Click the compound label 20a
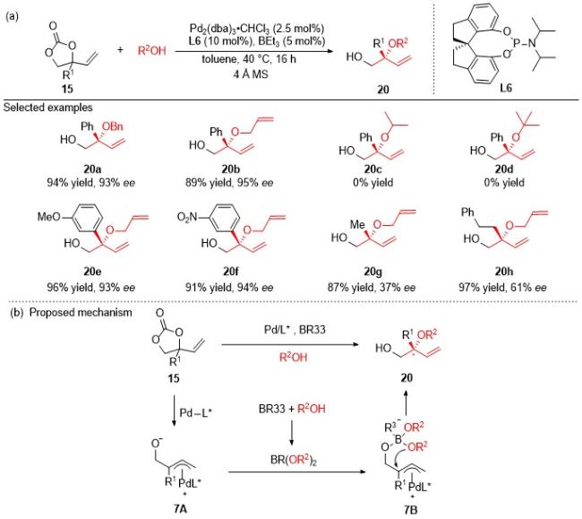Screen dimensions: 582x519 click(x=92, y=169)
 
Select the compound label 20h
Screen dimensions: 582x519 click(x=503, y=272)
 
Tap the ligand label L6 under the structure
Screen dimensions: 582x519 click(x=506, y=88)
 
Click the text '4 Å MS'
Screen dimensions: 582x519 click(x=251, y=74)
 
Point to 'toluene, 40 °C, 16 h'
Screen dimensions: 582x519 click(x=249, y=59)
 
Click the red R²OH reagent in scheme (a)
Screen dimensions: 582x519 click(x=152, y=50)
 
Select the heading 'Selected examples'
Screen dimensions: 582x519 click(x=47, y=108)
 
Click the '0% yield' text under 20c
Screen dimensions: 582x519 click(x=372, y=182)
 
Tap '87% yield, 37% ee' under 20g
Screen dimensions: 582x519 click(x=372, y=288)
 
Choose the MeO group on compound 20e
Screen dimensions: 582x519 click(x=48, y=216)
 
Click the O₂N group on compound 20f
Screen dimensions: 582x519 click(x=189, y=217)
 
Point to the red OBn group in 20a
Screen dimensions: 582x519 click(x=113, y=126)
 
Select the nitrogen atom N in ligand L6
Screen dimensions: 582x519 click(x=532, y=43)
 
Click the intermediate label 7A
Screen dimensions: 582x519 click(x=180, y=509)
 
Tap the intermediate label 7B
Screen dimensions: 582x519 click(x=410, y=510)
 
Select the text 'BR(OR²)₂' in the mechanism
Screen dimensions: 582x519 click(x=293, y=460)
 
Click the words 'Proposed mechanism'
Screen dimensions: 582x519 click(x=81, y=313)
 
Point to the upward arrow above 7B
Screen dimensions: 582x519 click(x=407, y=402)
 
